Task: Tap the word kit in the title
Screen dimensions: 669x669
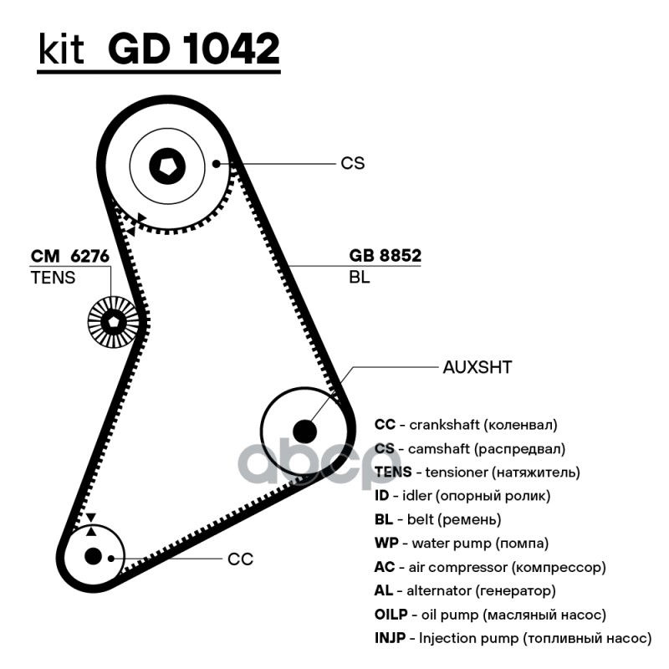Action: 61,50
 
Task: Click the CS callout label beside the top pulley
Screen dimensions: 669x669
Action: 352,163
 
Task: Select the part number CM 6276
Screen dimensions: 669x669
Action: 70,256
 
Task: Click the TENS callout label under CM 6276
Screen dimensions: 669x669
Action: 53,278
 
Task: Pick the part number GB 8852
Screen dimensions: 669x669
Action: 385,256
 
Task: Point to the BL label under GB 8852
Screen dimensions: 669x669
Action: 360,278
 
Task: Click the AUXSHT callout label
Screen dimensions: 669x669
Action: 478,366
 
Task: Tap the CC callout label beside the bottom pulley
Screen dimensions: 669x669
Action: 240,559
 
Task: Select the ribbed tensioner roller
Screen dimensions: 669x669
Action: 112,320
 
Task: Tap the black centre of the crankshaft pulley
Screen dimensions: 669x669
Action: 93,555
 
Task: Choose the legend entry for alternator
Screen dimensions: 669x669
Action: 465,591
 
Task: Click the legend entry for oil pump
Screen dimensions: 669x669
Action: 490,615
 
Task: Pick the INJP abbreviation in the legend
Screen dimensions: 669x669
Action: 391,638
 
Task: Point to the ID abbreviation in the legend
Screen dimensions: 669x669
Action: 381,496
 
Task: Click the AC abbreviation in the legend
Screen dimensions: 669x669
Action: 384,567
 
